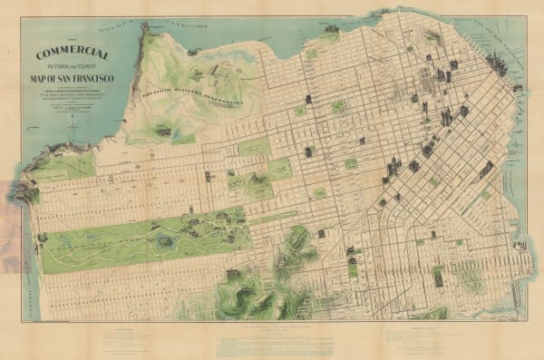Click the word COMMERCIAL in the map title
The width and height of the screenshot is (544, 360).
pyautogui.click(x=76, y=54)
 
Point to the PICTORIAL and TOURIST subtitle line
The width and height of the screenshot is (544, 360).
pyautogui.click(x=76, y=65)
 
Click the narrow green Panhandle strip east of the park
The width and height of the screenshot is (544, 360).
pyautogui.click(x=272, y=219)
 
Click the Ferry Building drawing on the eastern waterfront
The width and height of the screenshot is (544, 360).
pyautogui.click(x=517, y=88)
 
